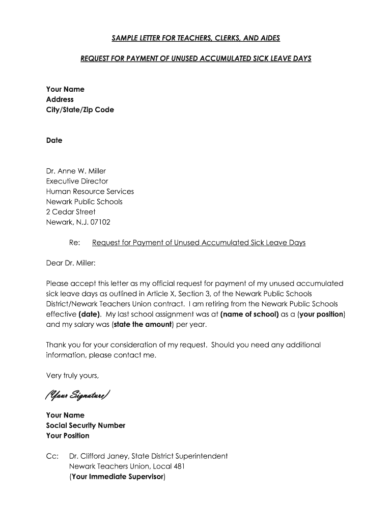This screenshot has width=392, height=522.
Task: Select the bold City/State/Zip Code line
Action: (80, 110)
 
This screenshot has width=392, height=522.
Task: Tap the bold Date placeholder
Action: (54, 140)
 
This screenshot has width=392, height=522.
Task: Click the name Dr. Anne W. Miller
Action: (76, 171)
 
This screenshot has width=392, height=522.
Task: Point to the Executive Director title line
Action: (77, 181)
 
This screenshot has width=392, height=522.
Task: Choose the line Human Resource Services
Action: (90, 191)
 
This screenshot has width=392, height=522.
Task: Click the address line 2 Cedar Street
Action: (71, 212)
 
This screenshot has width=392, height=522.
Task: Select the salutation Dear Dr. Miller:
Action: (71, 263)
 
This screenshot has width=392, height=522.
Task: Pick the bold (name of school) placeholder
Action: (249, 314)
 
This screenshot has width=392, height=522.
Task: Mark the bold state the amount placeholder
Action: (143, 324)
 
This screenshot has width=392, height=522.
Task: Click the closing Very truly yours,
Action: (72, 375)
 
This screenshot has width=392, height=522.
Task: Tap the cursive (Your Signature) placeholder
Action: (76, 396)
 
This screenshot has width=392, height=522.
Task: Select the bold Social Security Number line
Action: (86, 425)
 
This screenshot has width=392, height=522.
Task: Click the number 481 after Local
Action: (178, 466)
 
